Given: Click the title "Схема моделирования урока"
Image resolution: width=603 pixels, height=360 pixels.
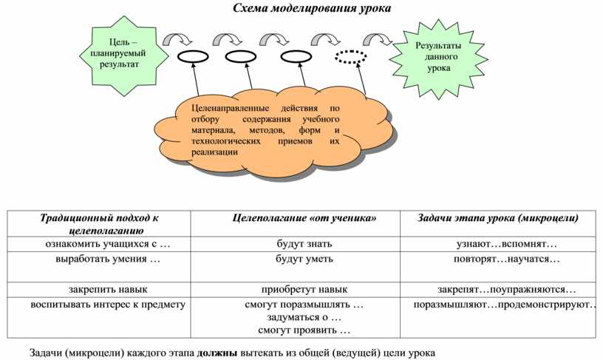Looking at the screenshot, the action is (312, 8).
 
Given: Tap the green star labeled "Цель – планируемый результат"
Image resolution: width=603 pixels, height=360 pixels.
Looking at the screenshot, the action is (124, 55).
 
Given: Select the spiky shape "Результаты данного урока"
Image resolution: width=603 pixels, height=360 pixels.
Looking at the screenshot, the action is (438, 58).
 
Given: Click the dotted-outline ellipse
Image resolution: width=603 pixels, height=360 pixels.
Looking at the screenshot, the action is (351, 57).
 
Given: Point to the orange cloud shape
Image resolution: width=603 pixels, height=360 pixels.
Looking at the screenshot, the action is (275, 131).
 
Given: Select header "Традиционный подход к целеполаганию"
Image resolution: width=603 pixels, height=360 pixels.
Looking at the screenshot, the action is (100, 224).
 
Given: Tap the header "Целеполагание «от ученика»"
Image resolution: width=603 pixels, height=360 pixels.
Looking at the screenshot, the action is (304, 218).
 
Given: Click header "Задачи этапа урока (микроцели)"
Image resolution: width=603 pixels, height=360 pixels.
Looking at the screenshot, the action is (497, 217).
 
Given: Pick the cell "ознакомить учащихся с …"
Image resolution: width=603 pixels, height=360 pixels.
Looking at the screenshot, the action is (108, 244).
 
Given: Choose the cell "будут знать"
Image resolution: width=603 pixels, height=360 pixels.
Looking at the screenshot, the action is (304, 244).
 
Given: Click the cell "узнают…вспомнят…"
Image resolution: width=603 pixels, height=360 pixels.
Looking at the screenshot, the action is (507, 244).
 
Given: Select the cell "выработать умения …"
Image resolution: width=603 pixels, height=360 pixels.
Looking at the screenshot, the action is (108, 259).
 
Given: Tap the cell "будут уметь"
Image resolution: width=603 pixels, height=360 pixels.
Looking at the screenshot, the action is (304, 259).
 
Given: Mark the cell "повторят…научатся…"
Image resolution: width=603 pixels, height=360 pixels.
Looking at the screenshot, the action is (507, 259).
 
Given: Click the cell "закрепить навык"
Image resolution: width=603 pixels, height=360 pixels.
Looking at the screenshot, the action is (108, 289).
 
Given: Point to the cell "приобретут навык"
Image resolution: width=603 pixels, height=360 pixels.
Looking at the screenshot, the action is (304, 289).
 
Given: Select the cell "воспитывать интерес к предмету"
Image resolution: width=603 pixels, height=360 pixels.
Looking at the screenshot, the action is (108, 305).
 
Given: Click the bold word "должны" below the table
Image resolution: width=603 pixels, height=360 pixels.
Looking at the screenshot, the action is (217, 353).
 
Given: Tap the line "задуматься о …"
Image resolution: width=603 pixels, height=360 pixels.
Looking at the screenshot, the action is (304, 317).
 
